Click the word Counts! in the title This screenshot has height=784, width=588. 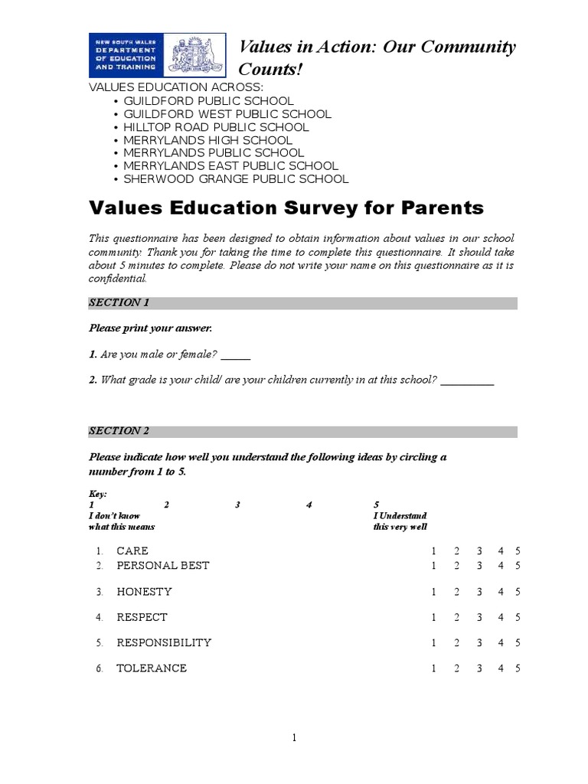272,70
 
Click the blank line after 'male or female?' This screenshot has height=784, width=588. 236,357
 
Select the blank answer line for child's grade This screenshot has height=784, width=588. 467,381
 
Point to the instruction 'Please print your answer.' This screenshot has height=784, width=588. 150,328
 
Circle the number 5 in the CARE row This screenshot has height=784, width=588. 518,551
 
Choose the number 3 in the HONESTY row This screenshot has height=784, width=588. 479,592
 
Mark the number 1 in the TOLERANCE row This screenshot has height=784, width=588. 433,668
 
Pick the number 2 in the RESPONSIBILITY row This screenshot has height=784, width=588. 456,643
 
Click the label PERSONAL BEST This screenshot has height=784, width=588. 162,566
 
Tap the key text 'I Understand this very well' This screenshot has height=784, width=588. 400,521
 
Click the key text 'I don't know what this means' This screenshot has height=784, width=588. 121,521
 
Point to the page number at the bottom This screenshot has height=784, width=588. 293,738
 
